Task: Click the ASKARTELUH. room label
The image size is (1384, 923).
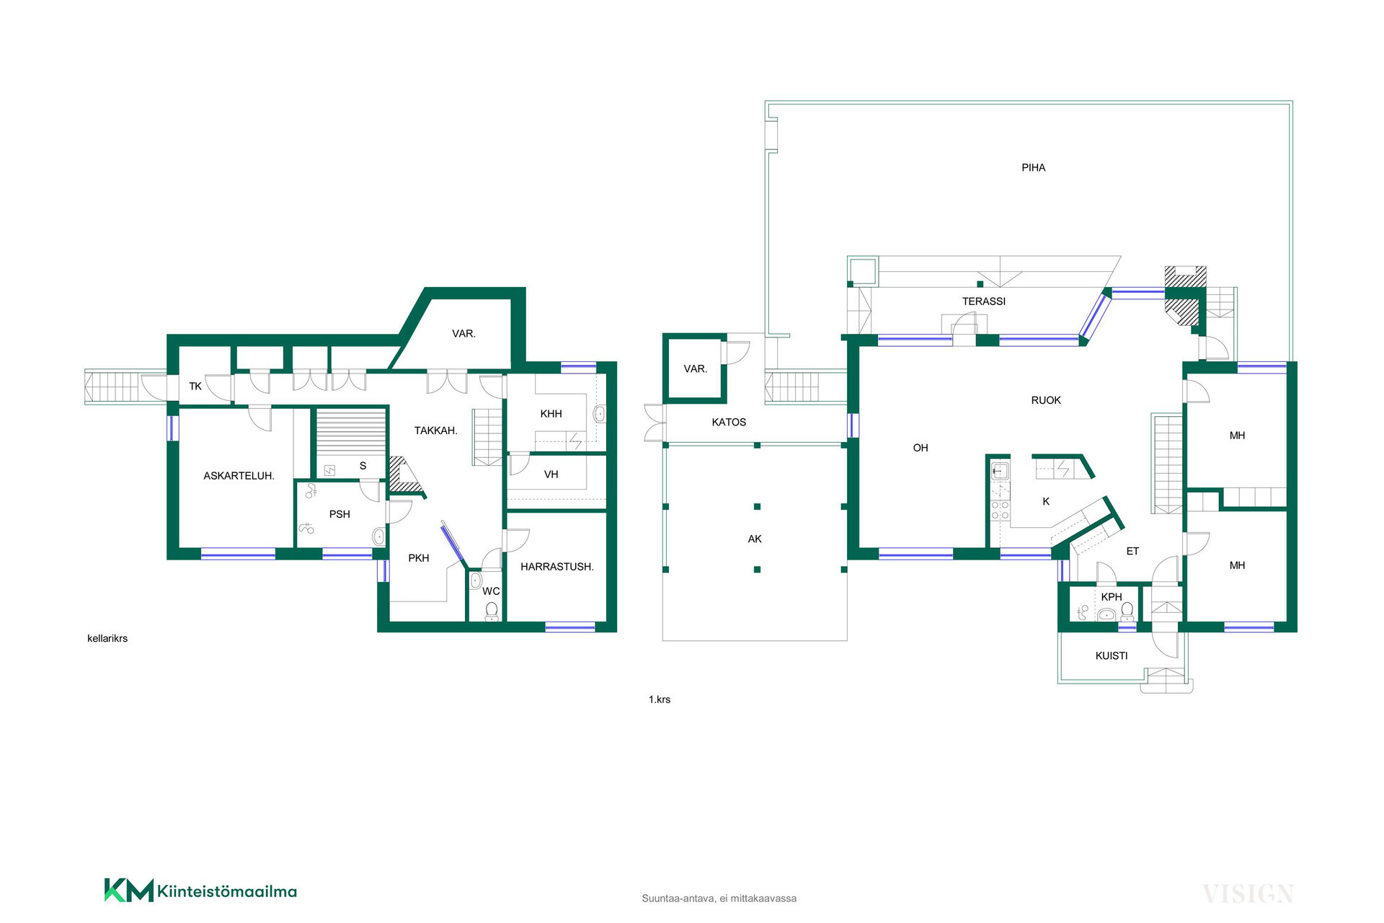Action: pos(239,476)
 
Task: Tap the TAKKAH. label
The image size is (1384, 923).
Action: pos(435,430)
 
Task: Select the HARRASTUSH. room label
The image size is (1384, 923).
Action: pos(556,567)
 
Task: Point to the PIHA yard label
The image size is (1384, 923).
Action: pos(1033,167)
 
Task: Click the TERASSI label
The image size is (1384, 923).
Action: pos(983,301)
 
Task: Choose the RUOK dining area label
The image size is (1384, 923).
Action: pos(1046,400)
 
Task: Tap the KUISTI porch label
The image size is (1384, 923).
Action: pos(1111,655)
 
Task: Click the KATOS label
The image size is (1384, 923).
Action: pos(729,423)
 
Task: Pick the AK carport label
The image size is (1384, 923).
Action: pos(755,539)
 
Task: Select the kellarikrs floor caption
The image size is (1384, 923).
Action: pos(107,638)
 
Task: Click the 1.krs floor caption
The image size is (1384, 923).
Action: pos(659,699)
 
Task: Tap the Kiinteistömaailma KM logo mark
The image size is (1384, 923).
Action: pos(129,891)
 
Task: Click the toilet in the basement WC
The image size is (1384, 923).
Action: pos(492,611)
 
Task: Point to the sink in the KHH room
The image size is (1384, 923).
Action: pos(599,414)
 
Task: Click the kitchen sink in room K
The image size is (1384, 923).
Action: pos(999,472)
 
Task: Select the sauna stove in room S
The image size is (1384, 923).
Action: pos(329,470)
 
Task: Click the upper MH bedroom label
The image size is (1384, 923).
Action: pos(1237,436)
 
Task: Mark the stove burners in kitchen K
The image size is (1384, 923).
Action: pos(1000,511)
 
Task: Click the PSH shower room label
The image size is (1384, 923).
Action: pos(340,514)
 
